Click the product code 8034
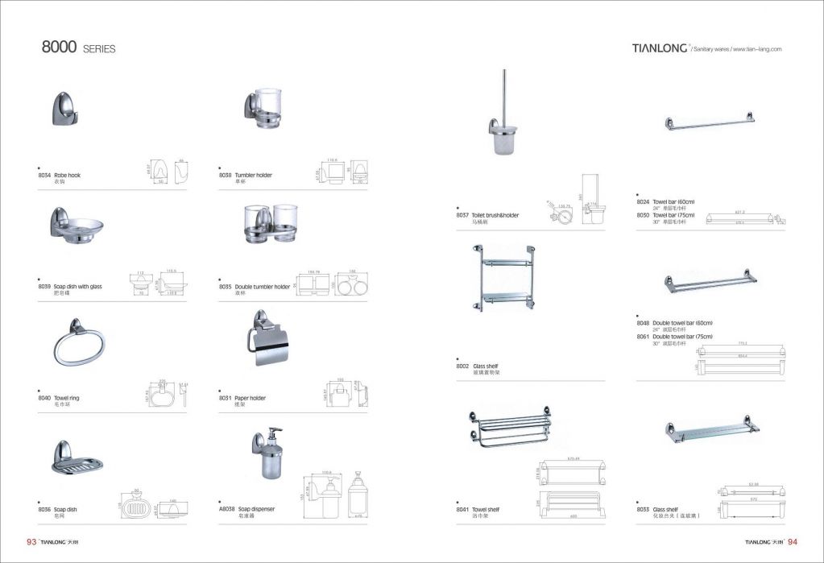(x=46, y=175)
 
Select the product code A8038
(x=227, y=509)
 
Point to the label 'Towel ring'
(x=67, y=398)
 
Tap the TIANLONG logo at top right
(x=655, y=48)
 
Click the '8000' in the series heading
(x=60, y=48)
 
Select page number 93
(x=32, y=542)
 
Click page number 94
(x=793, y=542)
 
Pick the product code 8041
(x=462, y=510)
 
